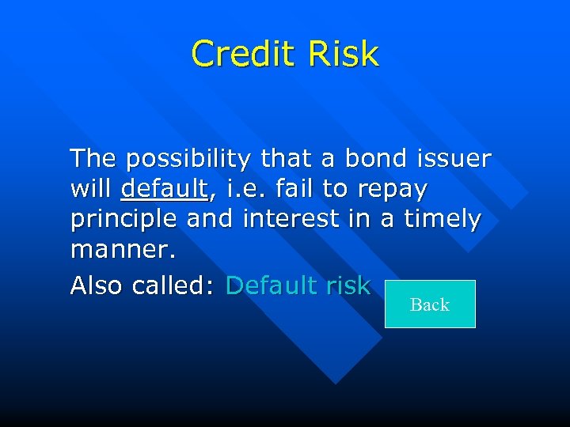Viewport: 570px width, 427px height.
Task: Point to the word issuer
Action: (x=453, y=159)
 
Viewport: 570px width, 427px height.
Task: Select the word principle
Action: (x=124, y=220)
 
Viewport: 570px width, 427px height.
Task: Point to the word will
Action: (x=91, y=190)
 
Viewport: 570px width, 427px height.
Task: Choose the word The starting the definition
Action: (x=94, y=159)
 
